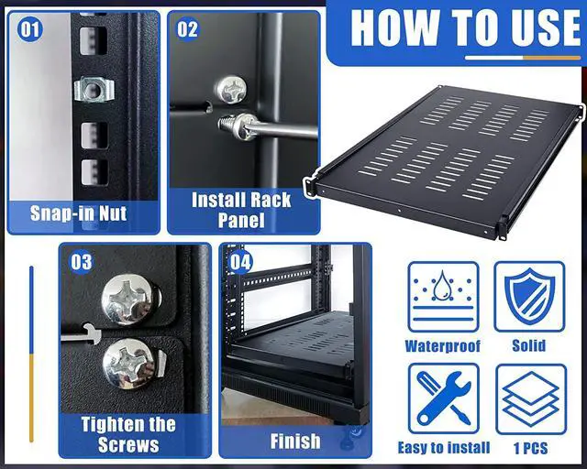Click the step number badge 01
tap(30, 29)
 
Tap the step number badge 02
tap(187, 29)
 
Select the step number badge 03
tap(82, 263)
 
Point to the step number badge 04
tap(240, 263)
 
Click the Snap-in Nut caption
tap(79, 214)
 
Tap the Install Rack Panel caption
tap(241, 210)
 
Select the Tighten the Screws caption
tap(127, 434)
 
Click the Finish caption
tap(295, 442)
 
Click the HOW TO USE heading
tap(465, 28)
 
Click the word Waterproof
tap(443, 346)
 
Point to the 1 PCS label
tap(529, 448)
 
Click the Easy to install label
tap(444, 448)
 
